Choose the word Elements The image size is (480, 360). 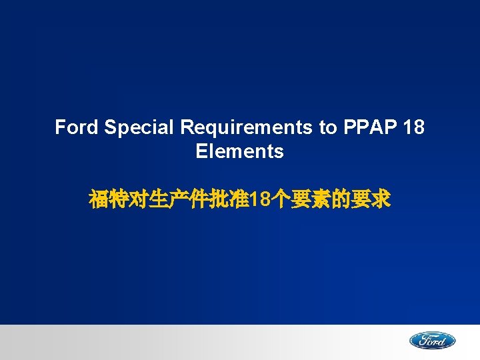(x=239, y=151)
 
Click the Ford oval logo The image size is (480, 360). (x=432, y=341)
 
